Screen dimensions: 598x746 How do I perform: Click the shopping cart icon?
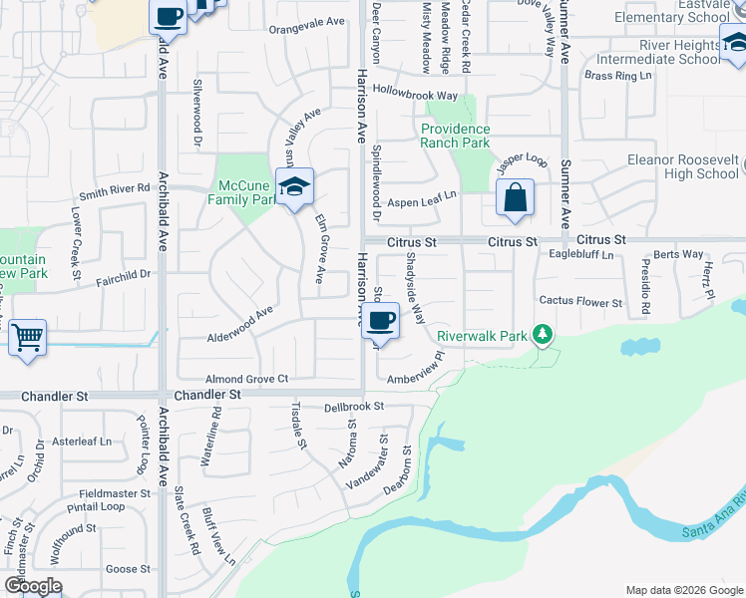27,337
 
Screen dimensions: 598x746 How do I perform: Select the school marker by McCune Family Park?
294,186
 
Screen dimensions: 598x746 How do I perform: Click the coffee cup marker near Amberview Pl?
381,321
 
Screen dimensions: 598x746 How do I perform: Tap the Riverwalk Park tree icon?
543,335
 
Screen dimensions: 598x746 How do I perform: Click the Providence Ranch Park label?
455,136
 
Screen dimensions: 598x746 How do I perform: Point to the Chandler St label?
207,396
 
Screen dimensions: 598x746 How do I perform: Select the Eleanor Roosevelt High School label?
681,166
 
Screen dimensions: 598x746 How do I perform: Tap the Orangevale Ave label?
307,22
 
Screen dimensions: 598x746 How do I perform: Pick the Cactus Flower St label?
580,302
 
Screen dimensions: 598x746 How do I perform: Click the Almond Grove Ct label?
246,379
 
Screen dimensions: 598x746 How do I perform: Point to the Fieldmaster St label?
116,492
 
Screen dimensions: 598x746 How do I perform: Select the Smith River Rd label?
115,187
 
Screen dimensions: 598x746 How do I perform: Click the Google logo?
33,586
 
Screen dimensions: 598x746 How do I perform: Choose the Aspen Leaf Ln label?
421,201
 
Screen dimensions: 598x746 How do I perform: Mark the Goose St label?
128,569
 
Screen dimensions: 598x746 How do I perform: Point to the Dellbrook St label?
354,408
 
